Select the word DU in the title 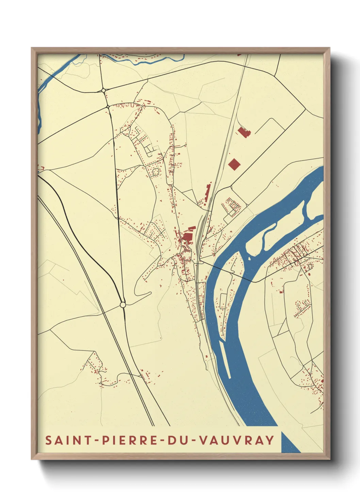(178, 440)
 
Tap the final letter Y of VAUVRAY (270, 440)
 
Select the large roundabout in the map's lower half (123, 304)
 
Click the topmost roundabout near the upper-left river (103, 90)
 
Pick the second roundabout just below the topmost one (108, 107)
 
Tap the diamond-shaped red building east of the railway (234, 164)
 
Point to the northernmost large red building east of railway (244, 132)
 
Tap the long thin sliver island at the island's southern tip (225, 359)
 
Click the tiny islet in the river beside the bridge (249, 258)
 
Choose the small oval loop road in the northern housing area (156, 171)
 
